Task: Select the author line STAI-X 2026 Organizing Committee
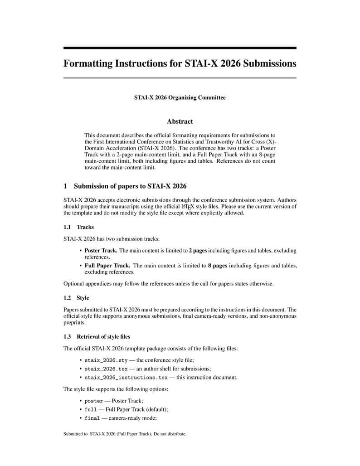(180, 97)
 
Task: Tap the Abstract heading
(180, 121)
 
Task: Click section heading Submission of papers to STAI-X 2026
(130, 186)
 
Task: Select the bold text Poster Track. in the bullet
(101, 250)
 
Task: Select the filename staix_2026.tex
(106, 369)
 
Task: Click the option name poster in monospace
(94, 401)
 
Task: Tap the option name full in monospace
(91, 409)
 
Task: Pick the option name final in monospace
(92, 418)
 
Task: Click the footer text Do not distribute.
(169, 434)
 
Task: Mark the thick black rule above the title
(180, 48)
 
